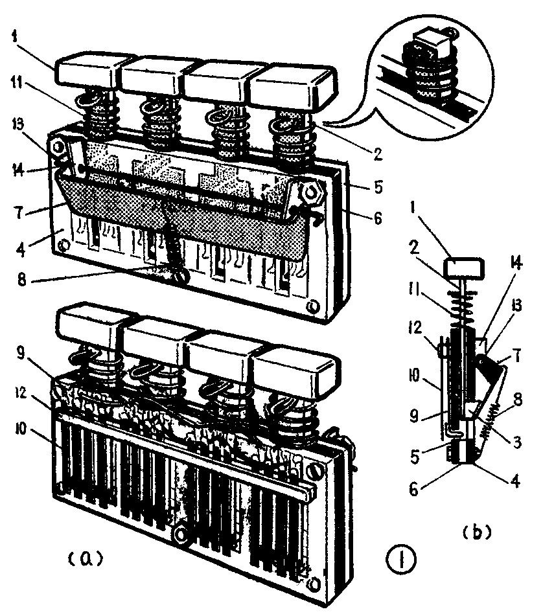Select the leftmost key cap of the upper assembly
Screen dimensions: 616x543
point(87,72)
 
